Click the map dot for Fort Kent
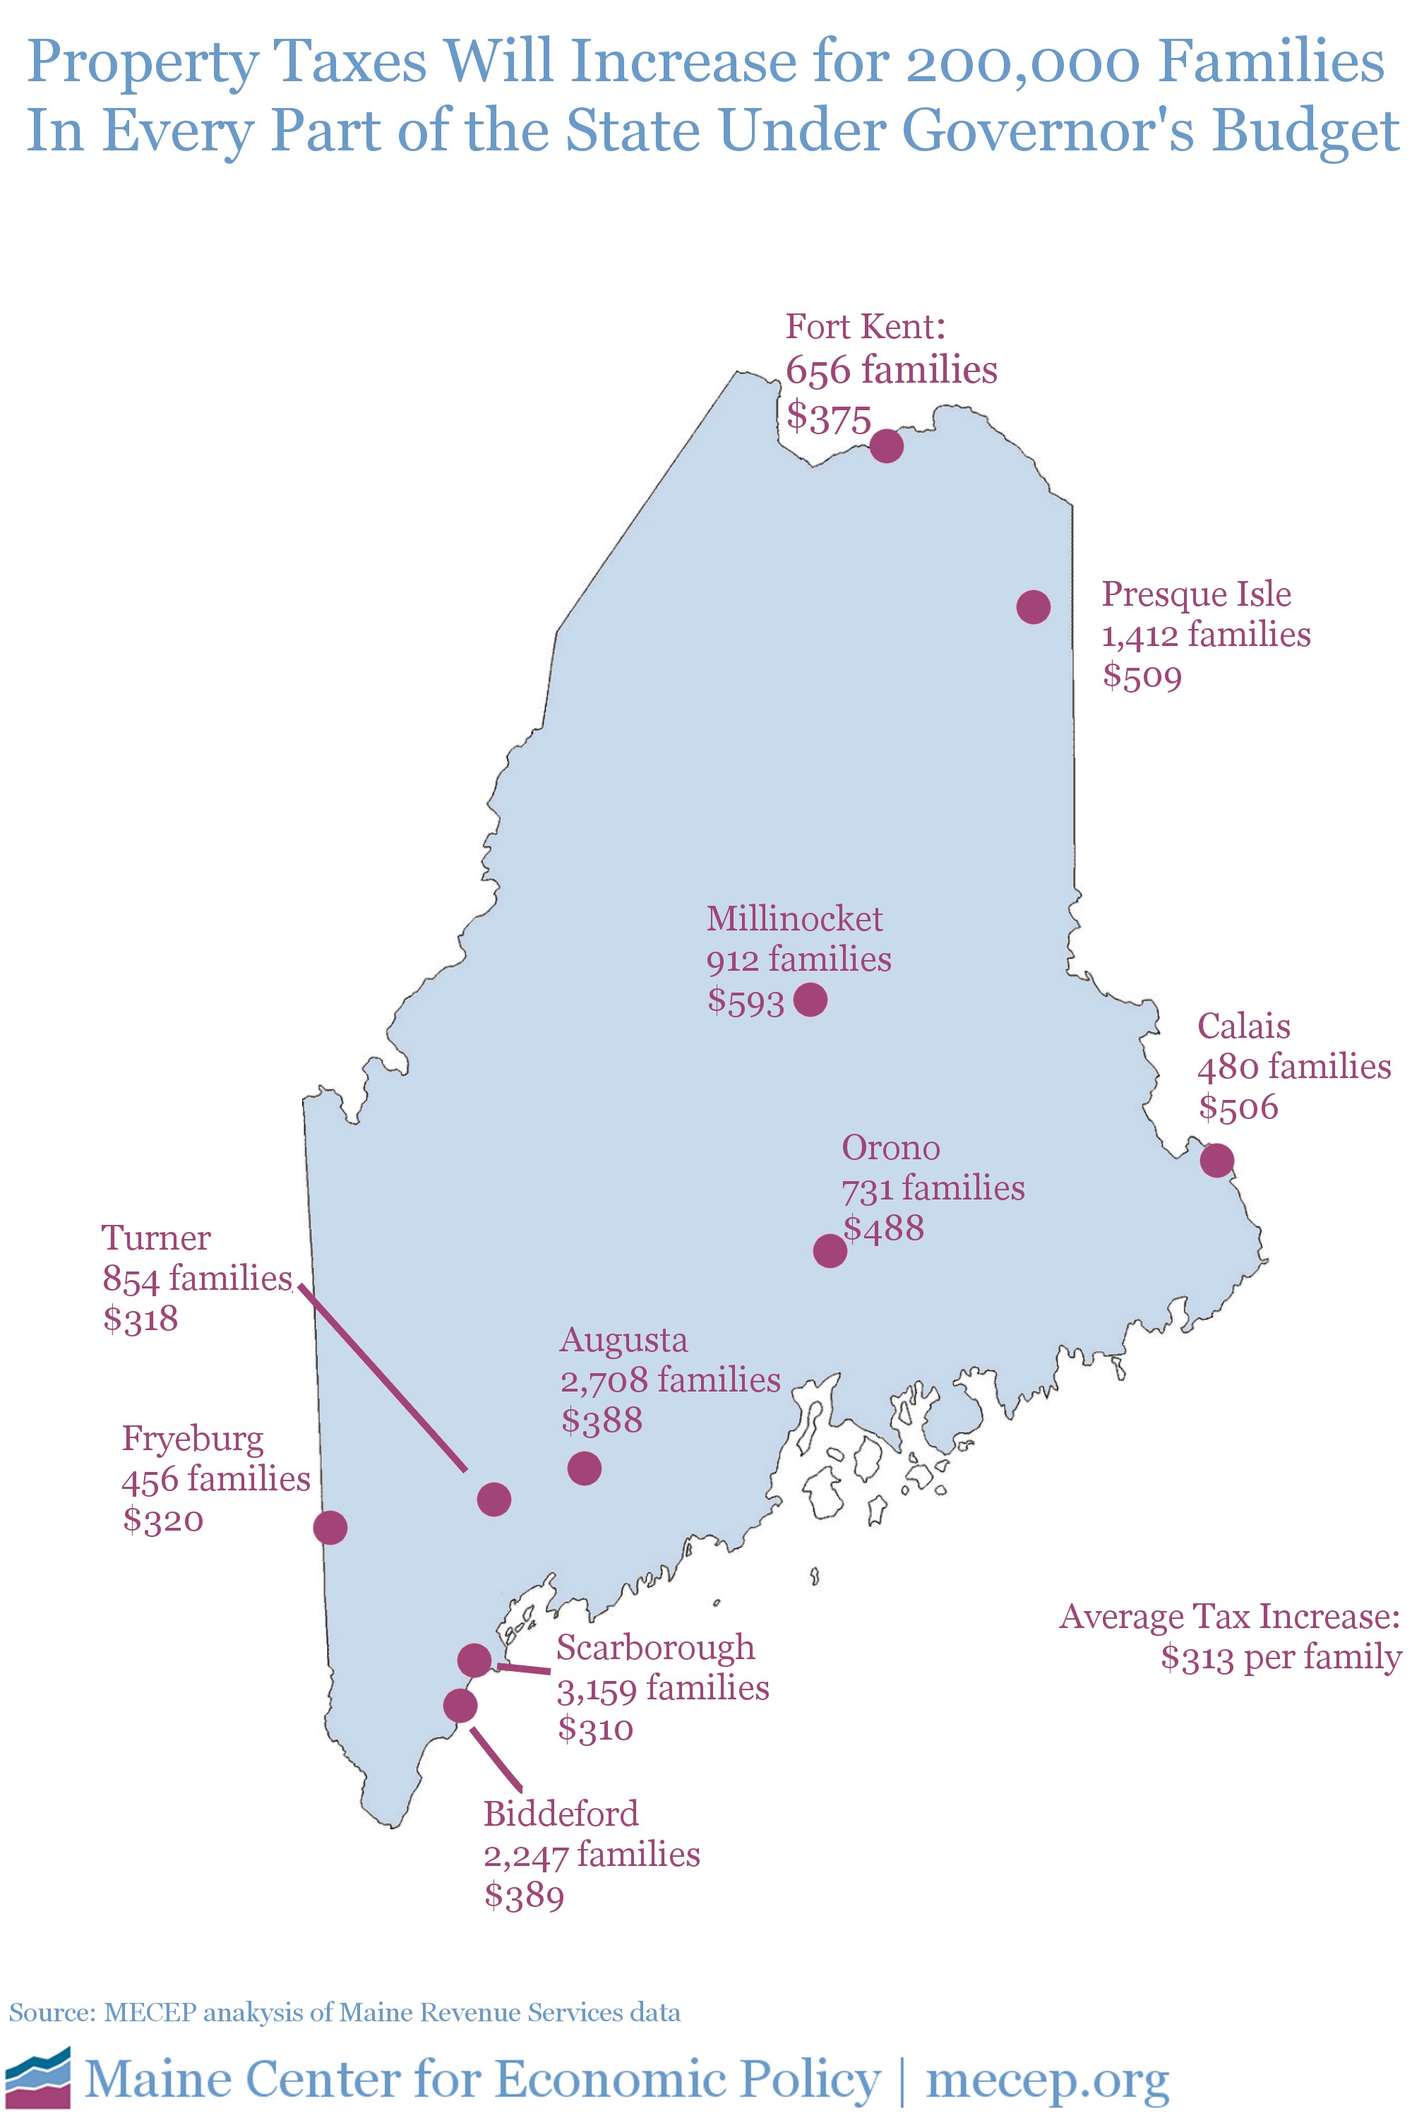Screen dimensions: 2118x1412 (886, 445)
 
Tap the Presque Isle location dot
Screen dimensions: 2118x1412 (1033, 607)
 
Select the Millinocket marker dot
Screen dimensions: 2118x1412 (810, 999)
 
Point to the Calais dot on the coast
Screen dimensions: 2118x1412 (1216, 1160)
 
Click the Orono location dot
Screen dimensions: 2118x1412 (830, 1251)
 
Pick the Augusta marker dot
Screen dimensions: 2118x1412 (585, 1468)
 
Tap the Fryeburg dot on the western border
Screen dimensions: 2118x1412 (330, 1527)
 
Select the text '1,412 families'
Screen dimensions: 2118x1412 (1206, 635)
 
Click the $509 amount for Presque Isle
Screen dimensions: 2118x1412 (1142, 676)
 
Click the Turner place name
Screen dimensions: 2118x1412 (156, 1238)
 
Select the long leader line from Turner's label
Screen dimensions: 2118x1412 (383, 1378)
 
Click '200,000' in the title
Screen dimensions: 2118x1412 (1022, 63)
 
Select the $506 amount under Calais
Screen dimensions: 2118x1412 (1238, 1107)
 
